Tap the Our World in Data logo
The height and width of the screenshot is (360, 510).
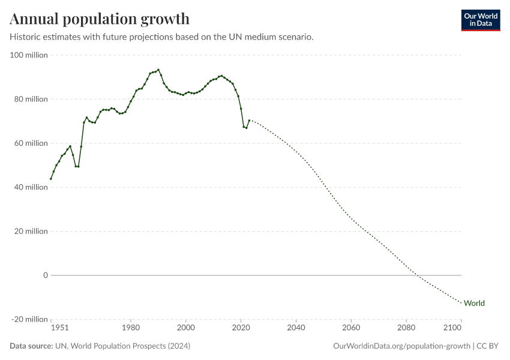pos(480,20)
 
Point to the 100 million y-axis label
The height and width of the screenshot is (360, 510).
pos(29,55)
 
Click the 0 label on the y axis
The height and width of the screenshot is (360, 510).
pos(45,275)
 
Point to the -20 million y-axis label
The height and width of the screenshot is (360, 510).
pos(29,319)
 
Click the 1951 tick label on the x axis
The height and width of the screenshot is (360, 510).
pos(59,328)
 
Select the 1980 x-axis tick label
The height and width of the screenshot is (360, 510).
pos(131,328)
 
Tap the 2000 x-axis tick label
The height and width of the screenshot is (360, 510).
pos(186,328)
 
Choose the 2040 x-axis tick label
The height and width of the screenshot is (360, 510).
pos(296,328)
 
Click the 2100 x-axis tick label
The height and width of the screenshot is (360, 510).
pos(452,328)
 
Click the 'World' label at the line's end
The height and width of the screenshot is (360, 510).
pos(474,303)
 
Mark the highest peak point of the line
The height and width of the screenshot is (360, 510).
pos(158,70)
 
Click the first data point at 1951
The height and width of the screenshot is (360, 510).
pos(51,179)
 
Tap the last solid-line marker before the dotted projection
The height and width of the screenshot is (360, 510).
pos(249,120)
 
